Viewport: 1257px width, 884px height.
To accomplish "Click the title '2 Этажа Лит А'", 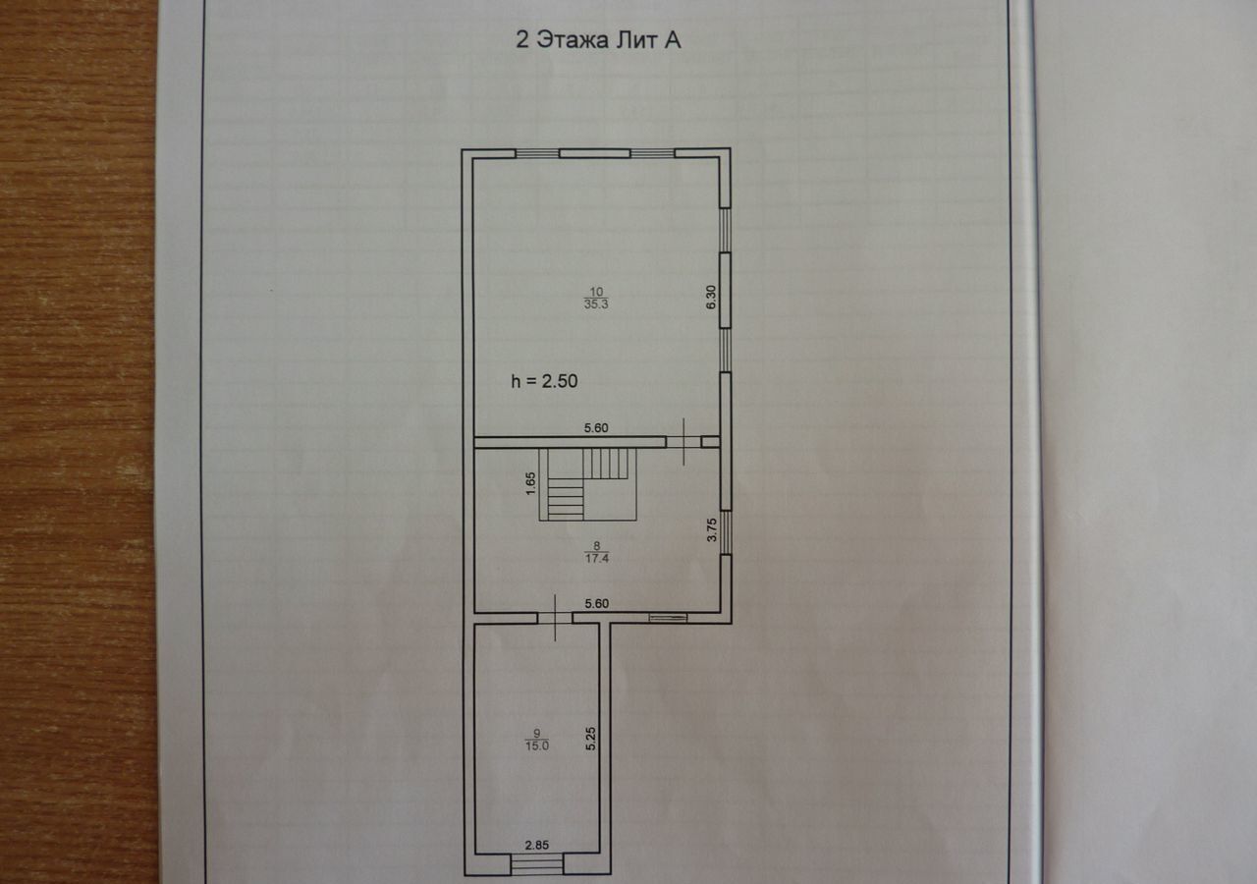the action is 598,40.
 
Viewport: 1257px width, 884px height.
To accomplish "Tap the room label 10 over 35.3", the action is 596,298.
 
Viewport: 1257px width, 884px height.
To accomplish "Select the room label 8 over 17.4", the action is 596,552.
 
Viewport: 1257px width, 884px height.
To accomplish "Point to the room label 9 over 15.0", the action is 537,740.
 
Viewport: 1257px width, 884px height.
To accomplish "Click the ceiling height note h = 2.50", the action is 544,382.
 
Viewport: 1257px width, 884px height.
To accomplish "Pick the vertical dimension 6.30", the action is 711,297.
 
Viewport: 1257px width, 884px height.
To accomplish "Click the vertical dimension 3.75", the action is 712,529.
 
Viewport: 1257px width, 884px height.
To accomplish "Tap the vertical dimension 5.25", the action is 590,739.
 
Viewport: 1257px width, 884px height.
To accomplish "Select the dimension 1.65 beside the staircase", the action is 530,483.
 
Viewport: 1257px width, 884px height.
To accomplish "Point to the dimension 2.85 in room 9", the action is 537,845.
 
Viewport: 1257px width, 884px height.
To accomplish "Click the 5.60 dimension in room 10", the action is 596,427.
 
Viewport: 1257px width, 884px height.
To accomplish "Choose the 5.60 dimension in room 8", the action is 596,603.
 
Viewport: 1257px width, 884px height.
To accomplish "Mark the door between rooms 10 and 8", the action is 683,442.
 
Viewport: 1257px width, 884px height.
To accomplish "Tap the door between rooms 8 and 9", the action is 555,618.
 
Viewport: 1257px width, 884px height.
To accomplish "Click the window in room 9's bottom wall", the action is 537,863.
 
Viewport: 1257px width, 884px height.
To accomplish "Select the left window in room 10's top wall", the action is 537,153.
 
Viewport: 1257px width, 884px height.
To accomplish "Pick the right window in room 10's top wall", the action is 652,153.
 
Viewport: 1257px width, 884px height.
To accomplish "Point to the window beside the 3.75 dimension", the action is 726,532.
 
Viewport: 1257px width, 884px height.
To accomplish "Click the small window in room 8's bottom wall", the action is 668,618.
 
